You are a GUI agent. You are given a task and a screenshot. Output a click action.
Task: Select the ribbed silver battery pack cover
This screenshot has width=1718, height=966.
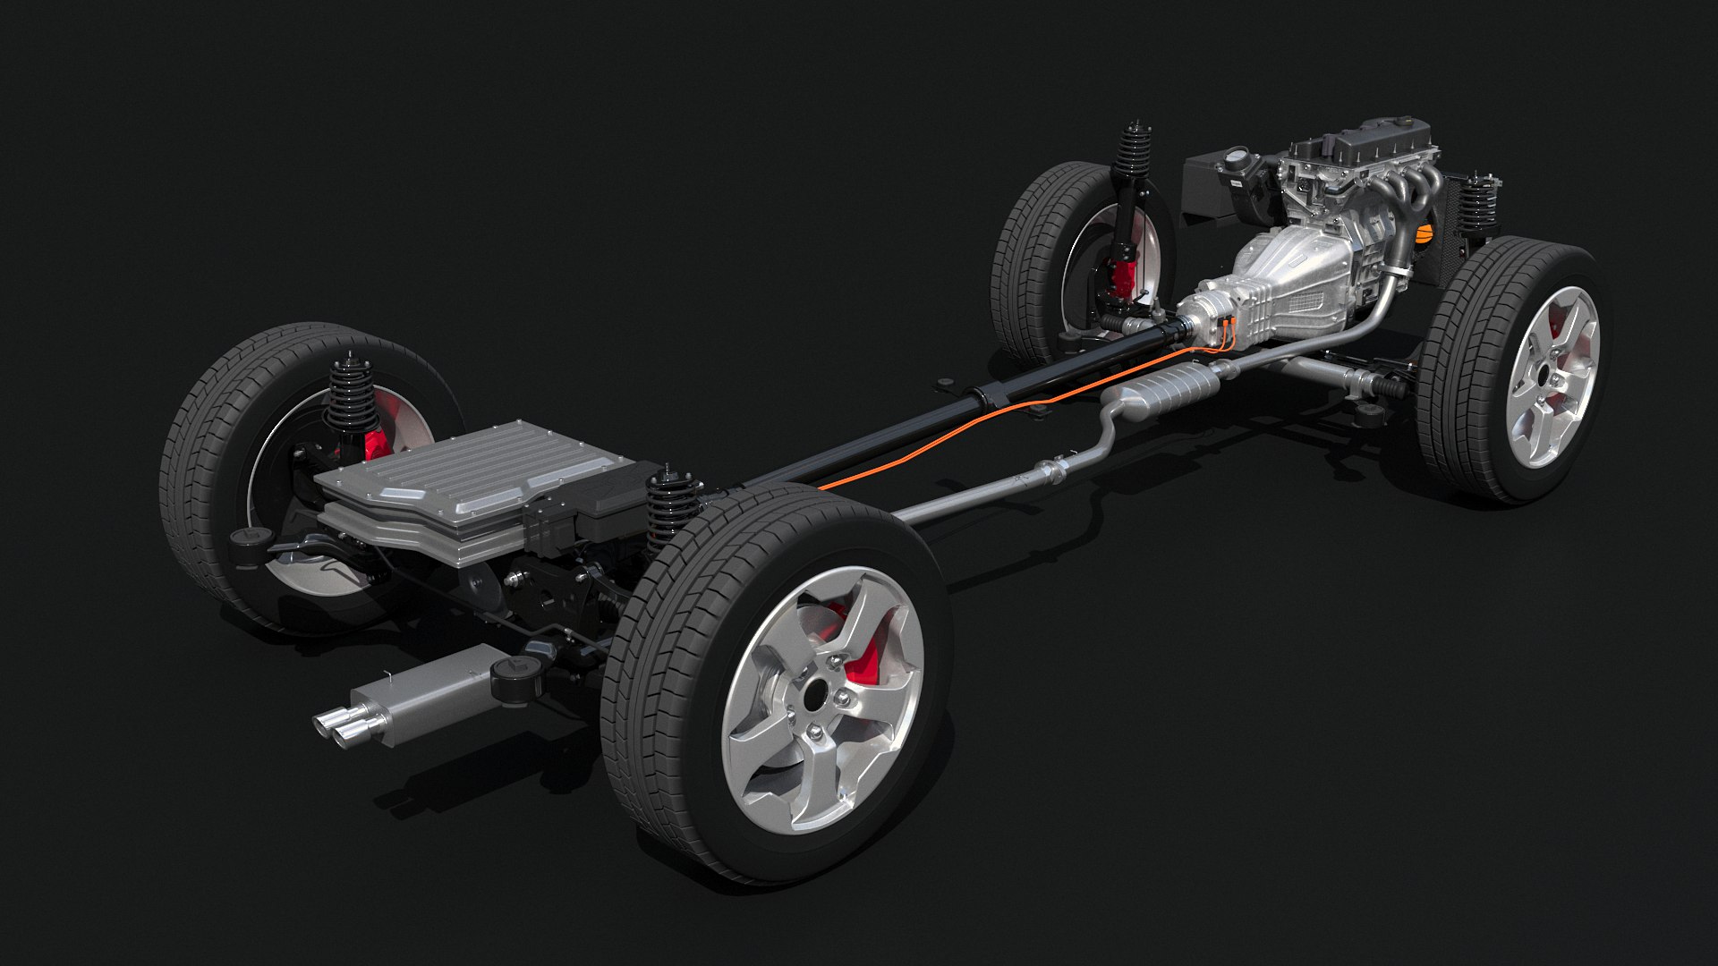[465, 474]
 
